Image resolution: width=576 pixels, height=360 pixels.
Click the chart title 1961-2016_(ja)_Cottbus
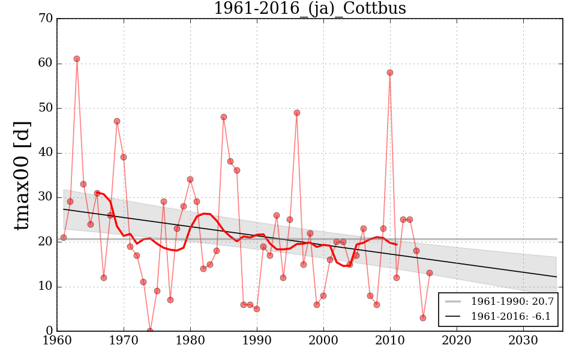[x=310, y=8]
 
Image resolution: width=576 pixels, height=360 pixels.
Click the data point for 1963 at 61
[x=77, y=59]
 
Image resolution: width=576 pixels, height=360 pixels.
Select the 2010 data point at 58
[x=390, y=73]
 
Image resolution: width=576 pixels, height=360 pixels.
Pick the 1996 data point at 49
[x=297, y=113]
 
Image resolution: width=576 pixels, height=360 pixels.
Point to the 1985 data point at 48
[x=224, y=117]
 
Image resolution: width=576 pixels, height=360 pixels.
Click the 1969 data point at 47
[x=117, y=121]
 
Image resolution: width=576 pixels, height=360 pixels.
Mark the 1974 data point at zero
[x=150, y=331]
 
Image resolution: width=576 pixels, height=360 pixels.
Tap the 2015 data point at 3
[x=423, y=318]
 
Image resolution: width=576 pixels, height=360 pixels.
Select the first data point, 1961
[x=64, y=238]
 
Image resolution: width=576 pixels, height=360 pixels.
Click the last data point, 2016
[x=430, y=273]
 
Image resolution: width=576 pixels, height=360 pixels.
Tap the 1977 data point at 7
[x=170, y=300]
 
